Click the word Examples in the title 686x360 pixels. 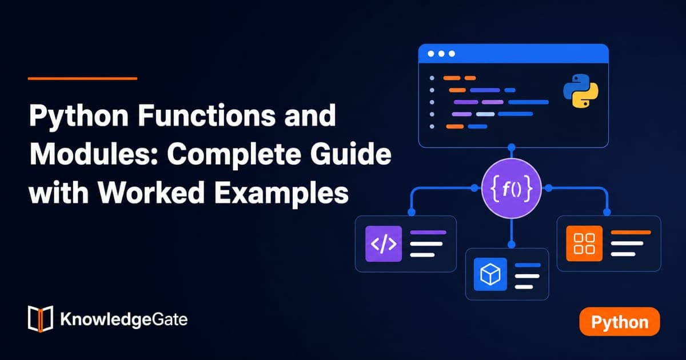pos(281,193)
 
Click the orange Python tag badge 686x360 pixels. pos(620,322)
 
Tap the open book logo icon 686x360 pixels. pos(41,319)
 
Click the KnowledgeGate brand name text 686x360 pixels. pos(123,319)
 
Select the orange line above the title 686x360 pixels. pos(82,79)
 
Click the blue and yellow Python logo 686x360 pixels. pos(581,91)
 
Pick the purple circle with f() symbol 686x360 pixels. pos(512,188)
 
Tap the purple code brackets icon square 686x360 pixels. pos(384,243)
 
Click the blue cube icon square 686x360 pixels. pos(490,274)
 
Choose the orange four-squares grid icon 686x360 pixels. pos(584,243)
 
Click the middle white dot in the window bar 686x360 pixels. pos(441,54)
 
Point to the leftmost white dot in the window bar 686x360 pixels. pos(431,54)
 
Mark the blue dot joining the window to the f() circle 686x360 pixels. pos(512,147)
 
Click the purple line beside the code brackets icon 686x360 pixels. pos(428,233)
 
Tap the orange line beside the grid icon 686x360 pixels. pos(631,233)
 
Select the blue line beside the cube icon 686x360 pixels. pos(528,265)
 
